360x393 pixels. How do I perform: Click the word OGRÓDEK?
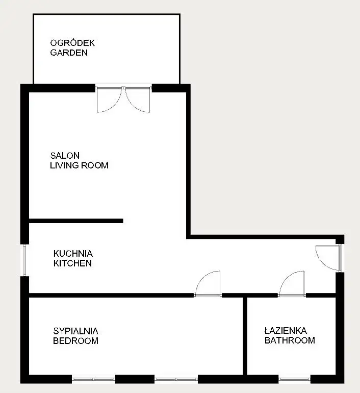click(x=72, y=43)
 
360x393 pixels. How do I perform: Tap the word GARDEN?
click(x=69, y=53)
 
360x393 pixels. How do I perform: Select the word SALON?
click(x=65, y=156)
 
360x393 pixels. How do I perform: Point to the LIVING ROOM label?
click(x=79, y=165)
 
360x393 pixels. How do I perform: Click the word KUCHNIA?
click(x=73, y=254)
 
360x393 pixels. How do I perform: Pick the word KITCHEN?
click(x=72, y=263)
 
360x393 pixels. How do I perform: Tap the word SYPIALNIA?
click(x=75, y=331)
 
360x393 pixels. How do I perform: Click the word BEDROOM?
click(x=75, y=341)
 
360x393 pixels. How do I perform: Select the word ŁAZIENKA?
click(x=286, y=331)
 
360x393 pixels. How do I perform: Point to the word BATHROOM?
click(x=290, y=340)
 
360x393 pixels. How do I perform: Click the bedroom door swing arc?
click(x=203, y=278)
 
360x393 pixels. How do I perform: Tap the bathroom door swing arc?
click(x=287, y=278)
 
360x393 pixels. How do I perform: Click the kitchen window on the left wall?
click(x=25, y=260)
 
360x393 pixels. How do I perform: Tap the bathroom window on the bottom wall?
click(x=294, y=379)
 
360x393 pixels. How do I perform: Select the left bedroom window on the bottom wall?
click(x=93, y=379)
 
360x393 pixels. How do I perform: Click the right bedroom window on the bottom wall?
click(x=176, y=379)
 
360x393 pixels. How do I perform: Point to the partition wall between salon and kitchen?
click(x=76, y=221)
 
